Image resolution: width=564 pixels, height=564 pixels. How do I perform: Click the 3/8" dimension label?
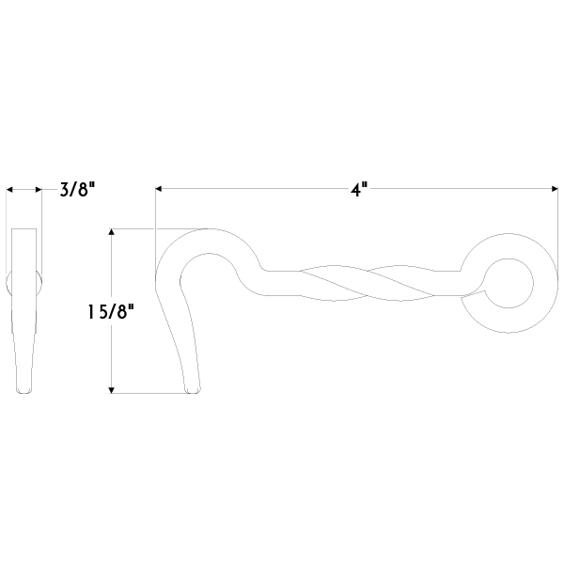78,189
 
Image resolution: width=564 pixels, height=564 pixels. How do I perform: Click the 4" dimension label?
359,189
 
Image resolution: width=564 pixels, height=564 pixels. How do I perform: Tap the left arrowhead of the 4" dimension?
159,189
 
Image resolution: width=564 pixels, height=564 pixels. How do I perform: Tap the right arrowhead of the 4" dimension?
555,189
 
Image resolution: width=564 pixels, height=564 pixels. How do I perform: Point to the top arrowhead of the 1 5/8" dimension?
112,231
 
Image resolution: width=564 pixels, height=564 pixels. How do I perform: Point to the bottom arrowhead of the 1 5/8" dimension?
112,390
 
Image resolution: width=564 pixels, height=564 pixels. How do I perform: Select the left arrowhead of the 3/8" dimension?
9,190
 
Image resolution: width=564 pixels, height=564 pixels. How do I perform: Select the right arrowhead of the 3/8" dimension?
39,190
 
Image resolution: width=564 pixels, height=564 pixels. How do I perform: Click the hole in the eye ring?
508,283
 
